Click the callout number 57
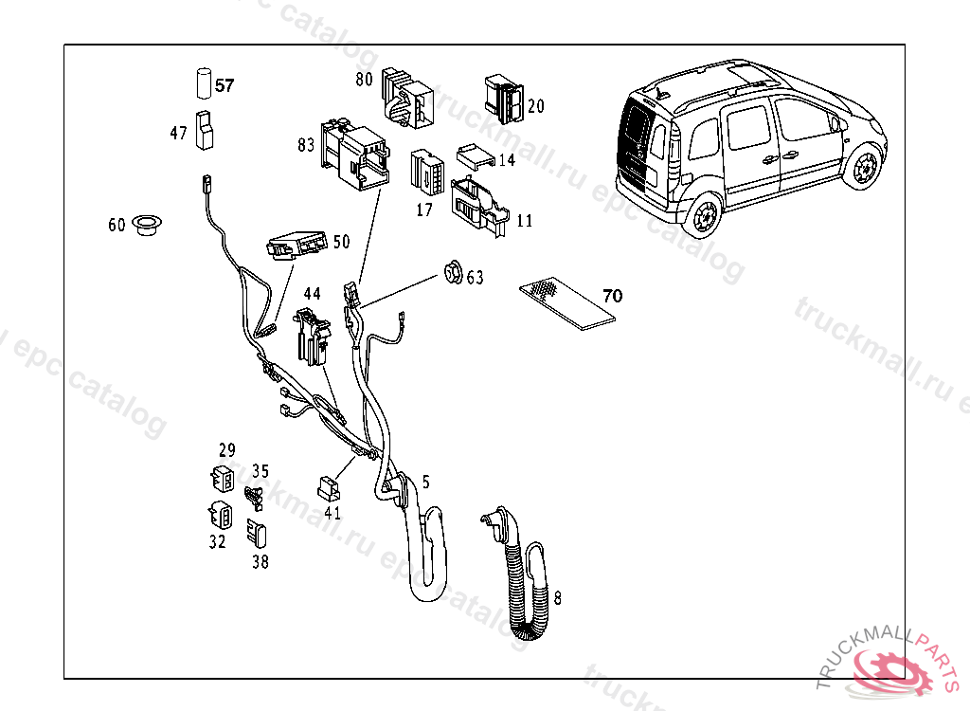click(x=225, y=85)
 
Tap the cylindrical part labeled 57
click(x=203, y=82)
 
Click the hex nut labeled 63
click(x=453, y=274)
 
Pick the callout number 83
click(x=305, y=145)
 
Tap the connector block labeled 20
click(x=503, y=99)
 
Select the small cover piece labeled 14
click(x=476, y=155)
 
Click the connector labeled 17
click(x=427, y=172)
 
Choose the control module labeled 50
click(x=296, y=246)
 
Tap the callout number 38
click(x=260, y=561)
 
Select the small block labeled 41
click(x=330, y=488)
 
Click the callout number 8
click(x=558, y=598)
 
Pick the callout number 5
click(x=426, y=482)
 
